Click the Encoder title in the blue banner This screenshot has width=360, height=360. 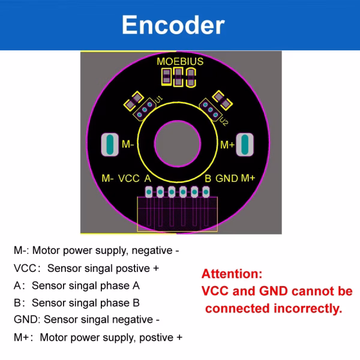tap(173, 25)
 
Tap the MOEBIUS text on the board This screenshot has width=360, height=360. tap(180, 62)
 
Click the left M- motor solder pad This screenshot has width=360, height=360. tap(110, 145)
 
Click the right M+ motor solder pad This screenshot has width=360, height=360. tap(245, 145)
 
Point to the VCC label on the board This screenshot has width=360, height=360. tap(129, 178)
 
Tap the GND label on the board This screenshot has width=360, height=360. tap(227, 178)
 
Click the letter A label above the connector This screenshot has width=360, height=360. tap(147, 178)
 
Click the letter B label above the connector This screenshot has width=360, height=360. tap(208, 178)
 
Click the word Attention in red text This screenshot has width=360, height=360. tap(232, 274)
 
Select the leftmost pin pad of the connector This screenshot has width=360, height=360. tap(149, 192)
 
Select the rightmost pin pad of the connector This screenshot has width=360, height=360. tap(206, 192)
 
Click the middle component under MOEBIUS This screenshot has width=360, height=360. tap(178, 76)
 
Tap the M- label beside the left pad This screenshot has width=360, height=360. tap(128, 145)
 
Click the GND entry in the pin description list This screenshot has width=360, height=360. tap(24, 320)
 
